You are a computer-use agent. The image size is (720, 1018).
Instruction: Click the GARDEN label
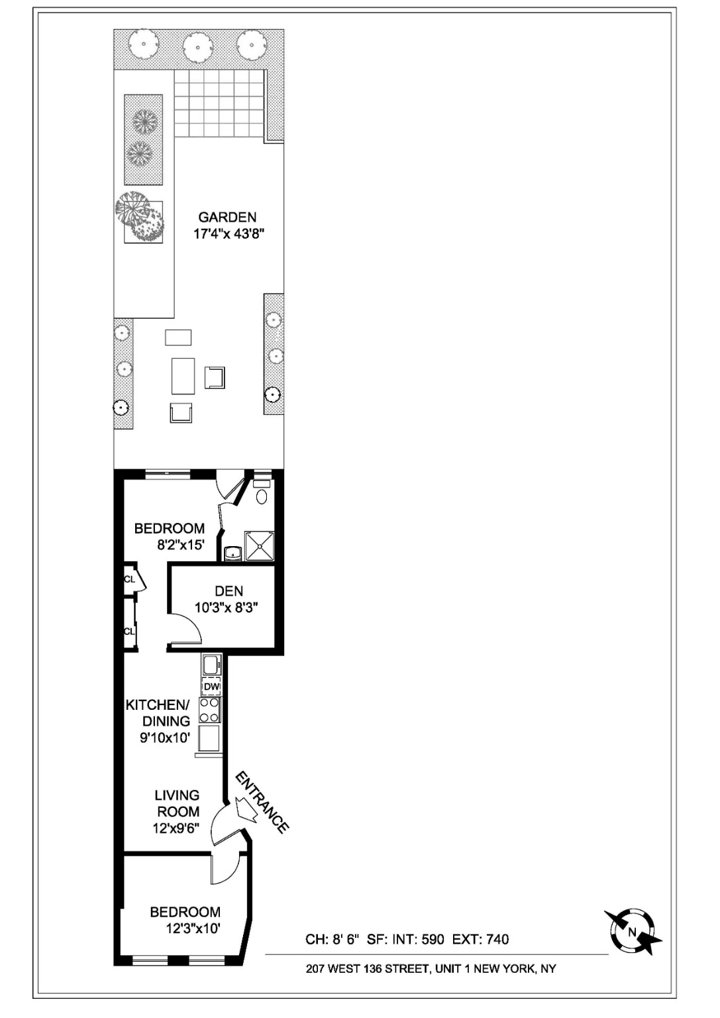pos(227,217)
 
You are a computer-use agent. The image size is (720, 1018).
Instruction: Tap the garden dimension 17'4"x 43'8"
pos(229,234)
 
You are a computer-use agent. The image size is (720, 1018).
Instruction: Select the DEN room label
pos(229,591)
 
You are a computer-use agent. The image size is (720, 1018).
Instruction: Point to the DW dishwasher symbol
pos(211,687)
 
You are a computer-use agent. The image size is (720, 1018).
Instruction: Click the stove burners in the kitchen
pos(210,710)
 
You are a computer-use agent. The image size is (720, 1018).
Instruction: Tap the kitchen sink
pos(211,664)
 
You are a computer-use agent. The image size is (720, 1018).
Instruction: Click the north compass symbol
pos(633,932)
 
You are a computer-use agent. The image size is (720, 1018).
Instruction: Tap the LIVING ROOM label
pos(177,803)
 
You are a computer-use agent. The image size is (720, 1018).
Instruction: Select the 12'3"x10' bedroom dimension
pos(193,929)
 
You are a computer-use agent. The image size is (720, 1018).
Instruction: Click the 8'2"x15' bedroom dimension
pos(180,545)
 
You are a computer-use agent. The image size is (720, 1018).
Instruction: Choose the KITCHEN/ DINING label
pos(158,712)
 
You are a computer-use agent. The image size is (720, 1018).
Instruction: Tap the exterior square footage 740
pos(497,939)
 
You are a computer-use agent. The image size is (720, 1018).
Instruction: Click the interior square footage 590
pos(433,939)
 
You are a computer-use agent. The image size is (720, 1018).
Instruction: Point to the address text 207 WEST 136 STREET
pos(368,968)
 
